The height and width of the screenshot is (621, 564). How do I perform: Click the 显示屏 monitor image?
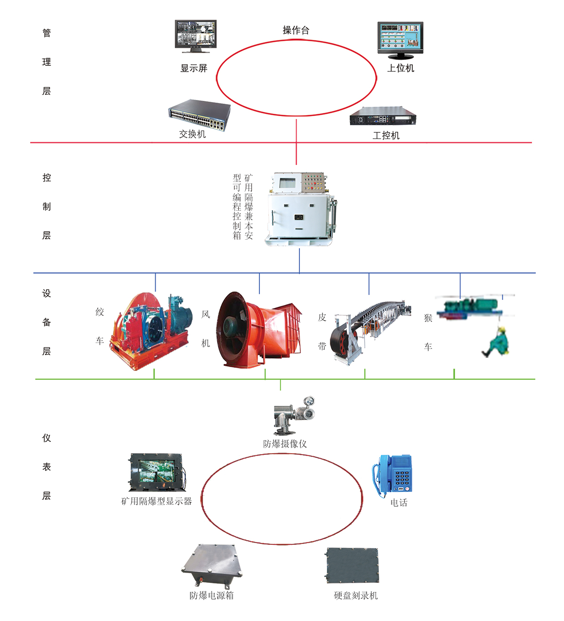(x=196, y=36)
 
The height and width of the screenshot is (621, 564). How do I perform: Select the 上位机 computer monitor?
(x=400, y=39)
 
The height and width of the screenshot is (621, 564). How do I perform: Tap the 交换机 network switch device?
(x=200, y=114)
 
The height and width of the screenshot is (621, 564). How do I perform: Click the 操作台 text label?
(x=296, y=31)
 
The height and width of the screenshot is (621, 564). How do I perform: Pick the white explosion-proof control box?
(x=300, y=209)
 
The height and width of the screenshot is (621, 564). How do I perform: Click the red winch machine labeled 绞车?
(x=151, y=330)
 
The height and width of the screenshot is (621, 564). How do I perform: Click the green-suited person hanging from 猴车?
(x=498, y=342)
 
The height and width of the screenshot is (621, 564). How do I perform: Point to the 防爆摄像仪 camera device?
(x=293, y=415)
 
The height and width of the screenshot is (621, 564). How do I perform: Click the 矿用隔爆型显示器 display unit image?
(x=157, y=472)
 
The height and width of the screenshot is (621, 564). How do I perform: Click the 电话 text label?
(x=399, y=503)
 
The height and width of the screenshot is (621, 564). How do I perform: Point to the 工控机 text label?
(x=386, y=135)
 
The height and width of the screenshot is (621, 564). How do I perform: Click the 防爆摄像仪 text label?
(x=285, y=444)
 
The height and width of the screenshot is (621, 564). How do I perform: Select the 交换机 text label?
(x=192, y=134)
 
